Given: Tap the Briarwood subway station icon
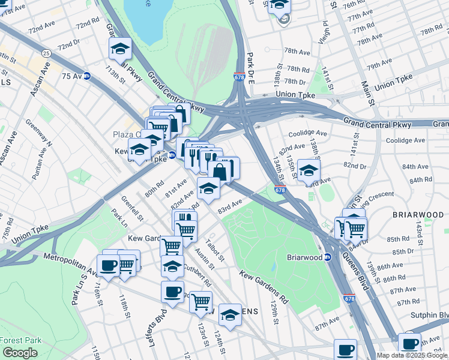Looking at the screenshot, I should point(328,257).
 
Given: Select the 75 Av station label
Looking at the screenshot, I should point(71,76).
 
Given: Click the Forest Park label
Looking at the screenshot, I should point(20,340).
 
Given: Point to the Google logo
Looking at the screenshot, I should point(20,353).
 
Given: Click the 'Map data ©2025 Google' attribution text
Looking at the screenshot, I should point(412,355).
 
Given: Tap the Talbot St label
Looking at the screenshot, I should point(214,250).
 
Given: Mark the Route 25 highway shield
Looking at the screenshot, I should point(46,54).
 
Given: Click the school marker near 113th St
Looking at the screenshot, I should point(121,48).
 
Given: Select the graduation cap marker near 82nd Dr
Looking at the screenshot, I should point(309,170).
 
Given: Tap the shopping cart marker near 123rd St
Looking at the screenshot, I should point(200,301).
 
